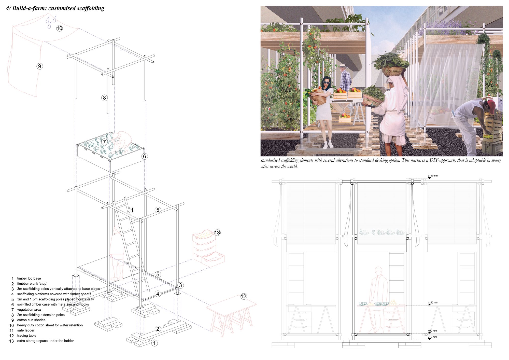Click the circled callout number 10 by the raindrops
[59, 28]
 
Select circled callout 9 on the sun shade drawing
[39, 66]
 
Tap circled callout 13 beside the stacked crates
[217, 233]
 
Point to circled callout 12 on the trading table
[244, 296]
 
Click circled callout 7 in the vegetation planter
[104, 142]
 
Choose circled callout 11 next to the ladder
[131, 210]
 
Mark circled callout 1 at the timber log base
[154, 343]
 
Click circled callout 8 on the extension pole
[104, 98]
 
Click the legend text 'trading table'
[27, 336]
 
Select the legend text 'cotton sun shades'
[31, 320]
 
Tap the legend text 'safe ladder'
[26, 330]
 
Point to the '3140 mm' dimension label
[433, 176]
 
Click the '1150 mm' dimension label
[433, 303]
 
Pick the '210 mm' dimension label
[432, 337]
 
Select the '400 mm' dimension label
[432, 331]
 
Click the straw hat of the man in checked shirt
[343, 66]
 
